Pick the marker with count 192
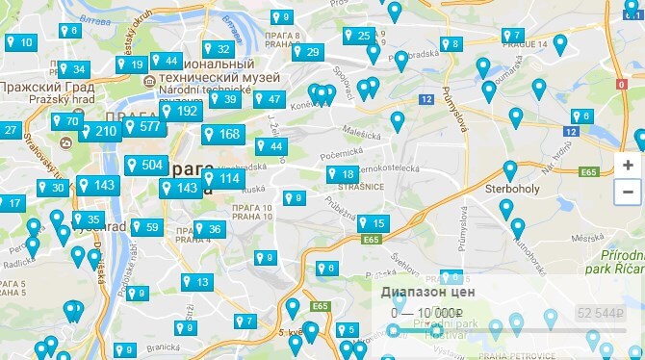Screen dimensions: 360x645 tap(178, 111)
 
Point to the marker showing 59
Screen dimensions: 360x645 tap(144, 227)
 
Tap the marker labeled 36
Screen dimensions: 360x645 tap(208, 229)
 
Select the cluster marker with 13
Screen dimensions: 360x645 tap(194, 282)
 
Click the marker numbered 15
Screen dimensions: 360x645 tap(371, 223)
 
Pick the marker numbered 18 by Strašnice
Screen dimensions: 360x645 tap(341, 174)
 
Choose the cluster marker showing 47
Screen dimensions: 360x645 tap(268, 99)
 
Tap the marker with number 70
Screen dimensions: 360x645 tap(65, 121)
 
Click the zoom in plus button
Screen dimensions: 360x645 tap(628, 165)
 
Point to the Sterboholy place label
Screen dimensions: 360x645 tap(510, 190)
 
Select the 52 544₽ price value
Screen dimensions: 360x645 tap(598, 313)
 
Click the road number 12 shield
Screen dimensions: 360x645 tap(426, 98)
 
